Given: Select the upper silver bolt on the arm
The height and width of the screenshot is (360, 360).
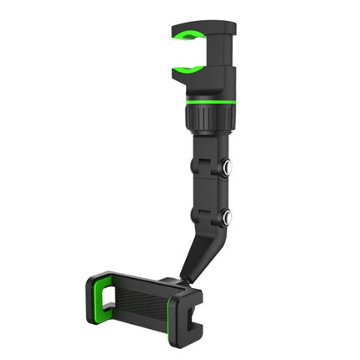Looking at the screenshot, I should pyautogui.click(x=226, y=167).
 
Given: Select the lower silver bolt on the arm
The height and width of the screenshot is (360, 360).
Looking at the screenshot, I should pyautogui.click(x=226, y=219).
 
